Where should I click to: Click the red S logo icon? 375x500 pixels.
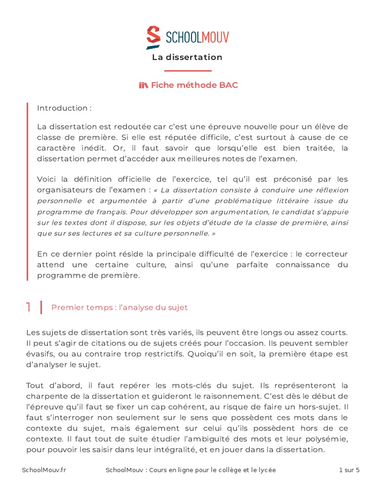[x=153, y=38]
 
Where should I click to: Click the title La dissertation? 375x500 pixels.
[x=187, y=57]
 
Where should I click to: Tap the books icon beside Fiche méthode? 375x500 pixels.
[x=143, y=85]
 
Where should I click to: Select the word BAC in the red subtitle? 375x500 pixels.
[x=229, y=85]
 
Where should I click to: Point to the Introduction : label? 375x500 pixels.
[x=64, y=108]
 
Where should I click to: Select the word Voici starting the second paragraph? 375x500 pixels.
[x=48, y=179]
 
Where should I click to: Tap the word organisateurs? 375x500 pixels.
[x=63, y=189]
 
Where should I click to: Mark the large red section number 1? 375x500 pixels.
[x=29, y=307]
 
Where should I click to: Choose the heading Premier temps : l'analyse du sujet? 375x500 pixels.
[x=120, y=308]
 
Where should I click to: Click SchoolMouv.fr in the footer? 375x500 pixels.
[x=44, y=470]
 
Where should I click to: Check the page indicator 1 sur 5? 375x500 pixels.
[x=349, y=470]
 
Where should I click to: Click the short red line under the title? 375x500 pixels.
[x=187, y=71]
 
